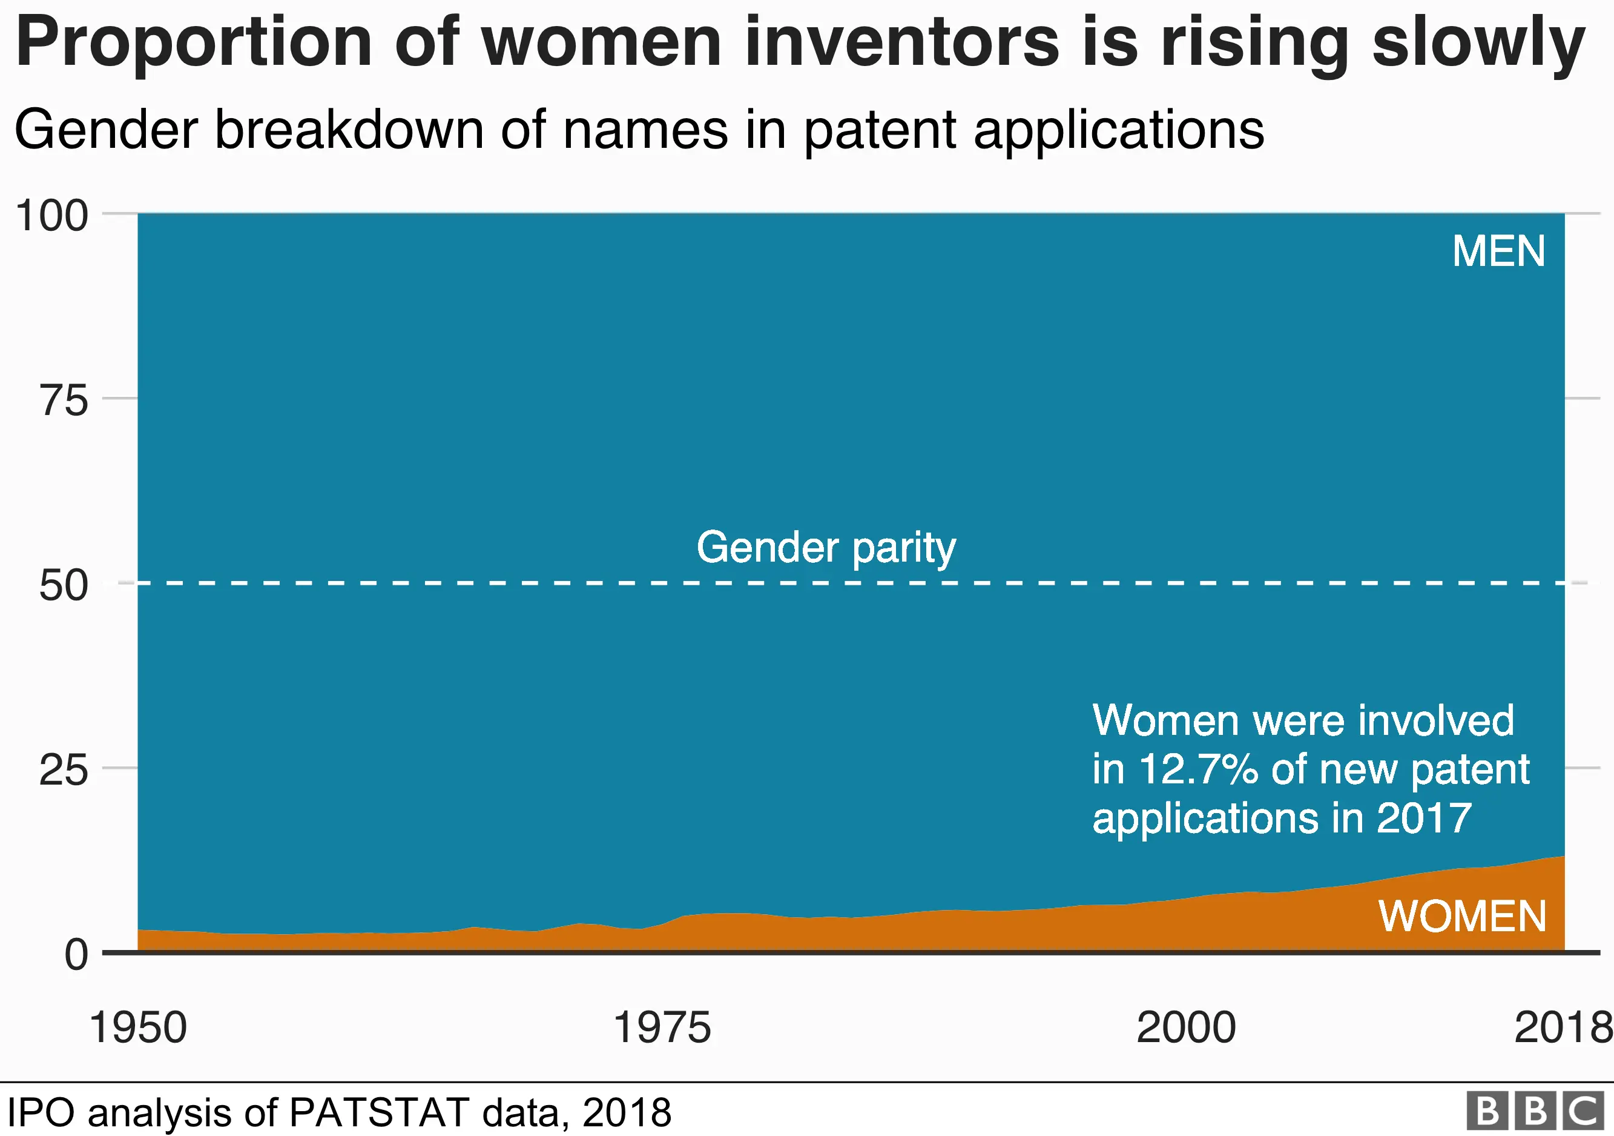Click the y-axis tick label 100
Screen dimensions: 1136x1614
click(x=52, y=215)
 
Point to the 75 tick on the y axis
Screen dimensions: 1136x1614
click(x=64, y=401)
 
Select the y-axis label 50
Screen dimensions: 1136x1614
click(x=64, y=585)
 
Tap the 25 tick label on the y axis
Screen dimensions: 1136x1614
click(x=64, y=770)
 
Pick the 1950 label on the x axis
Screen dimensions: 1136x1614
click(x=139, y=1028)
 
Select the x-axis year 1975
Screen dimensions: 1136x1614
click(x=662, y=1028)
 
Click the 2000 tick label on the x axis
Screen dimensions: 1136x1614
click(x=1186, y=1028)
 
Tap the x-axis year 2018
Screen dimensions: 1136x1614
click(x=1562, y=1028)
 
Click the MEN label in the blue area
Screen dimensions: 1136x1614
click(x=1499, y=251)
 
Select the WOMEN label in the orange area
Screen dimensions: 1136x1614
click(x=1462, y=916)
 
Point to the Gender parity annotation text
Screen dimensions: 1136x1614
click(x=826, y=547)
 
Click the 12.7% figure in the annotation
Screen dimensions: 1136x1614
click(x=1198, y=769)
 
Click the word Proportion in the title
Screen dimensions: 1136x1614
click(x=193, y=44)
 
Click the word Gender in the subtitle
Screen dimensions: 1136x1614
click(x=105, y=131)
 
